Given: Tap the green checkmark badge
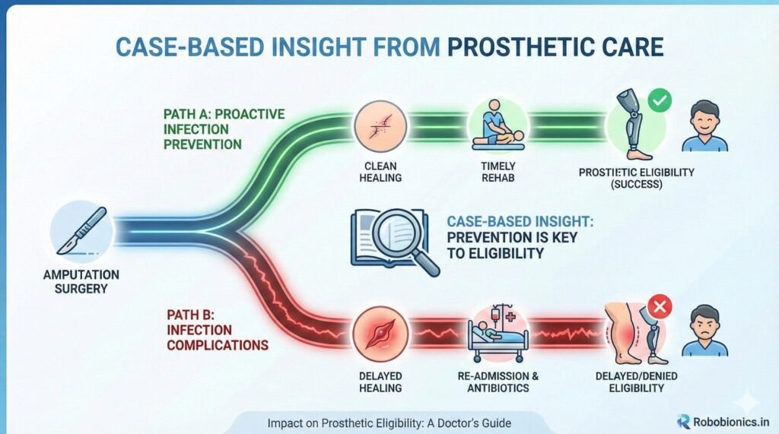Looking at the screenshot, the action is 660,101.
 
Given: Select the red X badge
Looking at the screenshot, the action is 660,307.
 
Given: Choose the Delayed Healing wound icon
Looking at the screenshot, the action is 380,334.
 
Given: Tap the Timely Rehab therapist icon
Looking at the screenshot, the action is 498,125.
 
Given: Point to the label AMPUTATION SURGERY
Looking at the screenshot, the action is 81,281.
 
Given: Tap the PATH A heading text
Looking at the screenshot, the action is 224,129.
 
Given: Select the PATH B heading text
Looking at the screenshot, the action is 217,330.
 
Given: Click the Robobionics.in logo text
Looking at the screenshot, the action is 731,422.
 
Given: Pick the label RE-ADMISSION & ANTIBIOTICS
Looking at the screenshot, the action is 498,382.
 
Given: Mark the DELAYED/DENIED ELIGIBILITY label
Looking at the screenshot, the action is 637,382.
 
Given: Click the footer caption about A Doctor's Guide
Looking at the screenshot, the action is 389,423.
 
